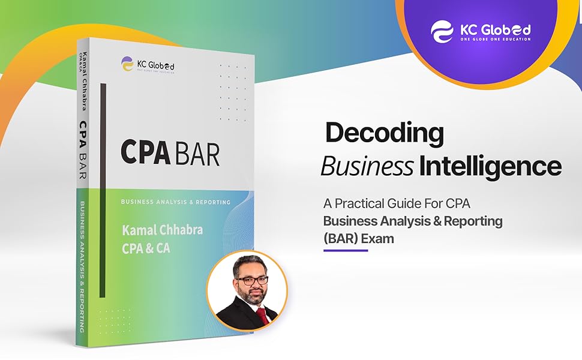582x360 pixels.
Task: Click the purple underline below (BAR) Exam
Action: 345,250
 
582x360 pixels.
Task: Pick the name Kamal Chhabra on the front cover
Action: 161,230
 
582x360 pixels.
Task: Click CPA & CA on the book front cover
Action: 146,247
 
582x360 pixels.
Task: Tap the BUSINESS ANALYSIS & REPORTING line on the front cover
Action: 171,202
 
